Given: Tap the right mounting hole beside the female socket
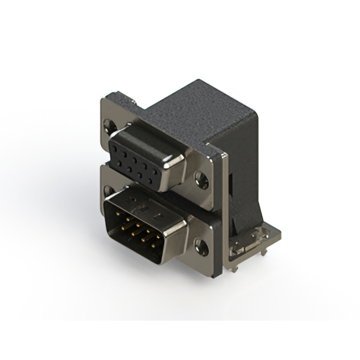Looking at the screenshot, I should pyautogui.click(x=201, y=181).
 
